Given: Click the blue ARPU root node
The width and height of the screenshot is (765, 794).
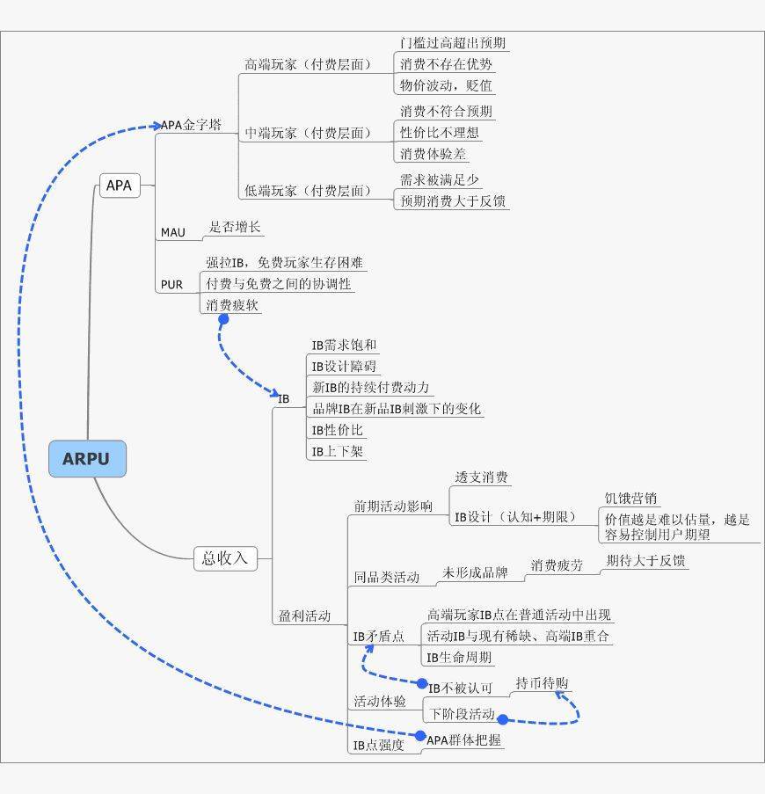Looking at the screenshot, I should pos(87,459).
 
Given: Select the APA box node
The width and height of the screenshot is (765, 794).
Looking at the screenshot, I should pos(119,186).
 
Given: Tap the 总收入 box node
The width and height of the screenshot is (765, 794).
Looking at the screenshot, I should pos(225,558).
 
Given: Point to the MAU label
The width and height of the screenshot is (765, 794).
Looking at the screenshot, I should pos(172,233).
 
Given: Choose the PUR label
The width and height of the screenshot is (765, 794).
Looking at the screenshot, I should pos(171,285).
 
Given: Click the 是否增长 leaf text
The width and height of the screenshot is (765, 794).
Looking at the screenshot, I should pos(234,228).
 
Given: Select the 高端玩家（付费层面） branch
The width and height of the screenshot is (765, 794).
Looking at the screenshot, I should pos(308,65).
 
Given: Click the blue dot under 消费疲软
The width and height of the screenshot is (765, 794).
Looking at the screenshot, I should pos(223,319).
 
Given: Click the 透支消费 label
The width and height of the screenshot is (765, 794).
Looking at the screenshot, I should pos(481,477).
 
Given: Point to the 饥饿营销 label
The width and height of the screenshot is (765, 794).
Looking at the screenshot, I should pos(630,499).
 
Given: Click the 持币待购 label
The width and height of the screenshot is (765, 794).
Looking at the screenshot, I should pos(542,683).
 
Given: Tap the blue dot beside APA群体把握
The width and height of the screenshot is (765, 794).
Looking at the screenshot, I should pos(419,736).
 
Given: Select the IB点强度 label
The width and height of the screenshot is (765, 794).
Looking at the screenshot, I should pos(378,746).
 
